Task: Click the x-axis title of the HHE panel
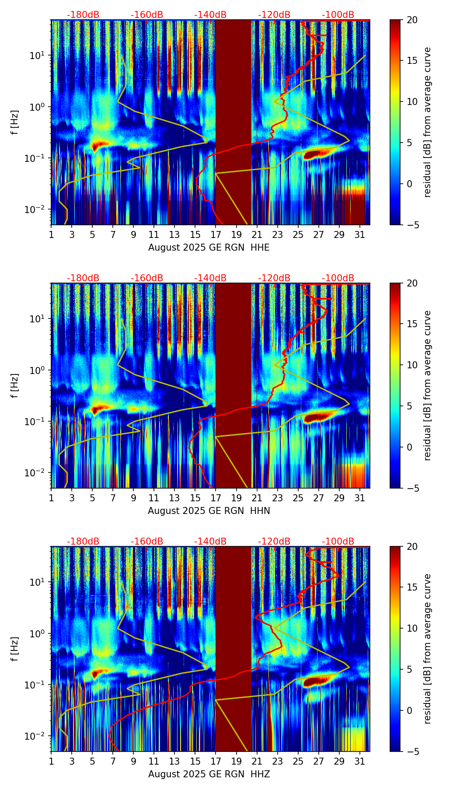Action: (x=209, y=248)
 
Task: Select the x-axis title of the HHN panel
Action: (x=209, y=511)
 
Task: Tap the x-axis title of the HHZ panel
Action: (x=209, y=774)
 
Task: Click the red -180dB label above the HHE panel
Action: (x=83, y=15)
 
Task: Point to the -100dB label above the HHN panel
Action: (x=338, y=278)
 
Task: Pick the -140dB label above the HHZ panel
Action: (x=210, y=542)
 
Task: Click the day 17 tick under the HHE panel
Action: (x=216, y=235)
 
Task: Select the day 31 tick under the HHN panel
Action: (x=359, y=499)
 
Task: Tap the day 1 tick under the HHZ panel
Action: (x=51, y=762)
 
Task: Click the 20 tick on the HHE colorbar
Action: (x=412, y=20)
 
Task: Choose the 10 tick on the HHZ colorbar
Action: (x=412, y=628)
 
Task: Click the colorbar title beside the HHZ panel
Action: (x=428, y=649)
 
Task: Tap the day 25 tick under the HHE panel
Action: (x=298, y=235)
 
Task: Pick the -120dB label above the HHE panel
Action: (x=274, y=15)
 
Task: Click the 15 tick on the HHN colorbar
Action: (x=412, y=324)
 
